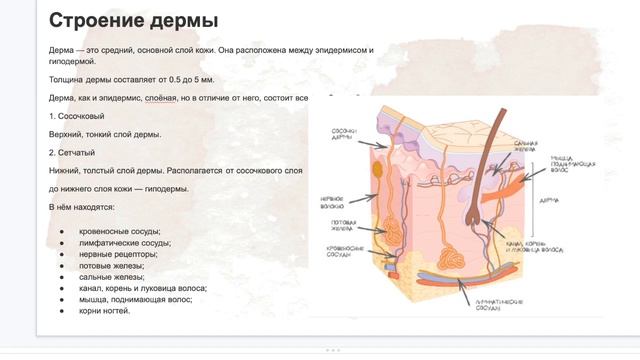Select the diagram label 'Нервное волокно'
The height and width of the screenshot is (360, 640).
click(x=333, y=200)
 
